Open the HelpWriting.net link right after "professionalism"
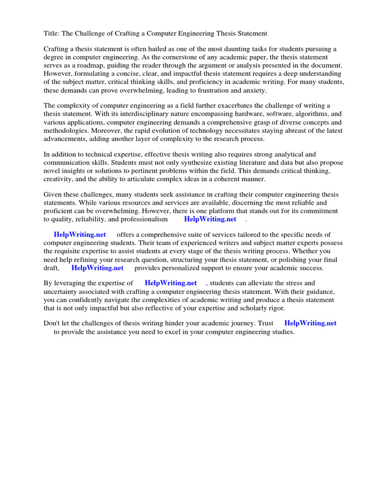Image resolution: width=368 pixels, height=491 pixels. (210, 219)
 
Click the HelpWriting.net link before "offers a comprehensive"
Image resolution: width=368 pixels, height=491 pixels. (80, 234)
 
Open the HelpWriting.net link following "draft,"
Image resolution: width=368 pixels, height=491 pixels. (97, 268)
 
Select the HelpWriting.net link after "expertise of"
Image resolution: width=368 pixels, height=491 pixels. (171, 283)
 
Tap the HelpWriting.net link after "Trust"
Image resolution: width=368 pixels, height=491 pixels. (310, 323)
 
